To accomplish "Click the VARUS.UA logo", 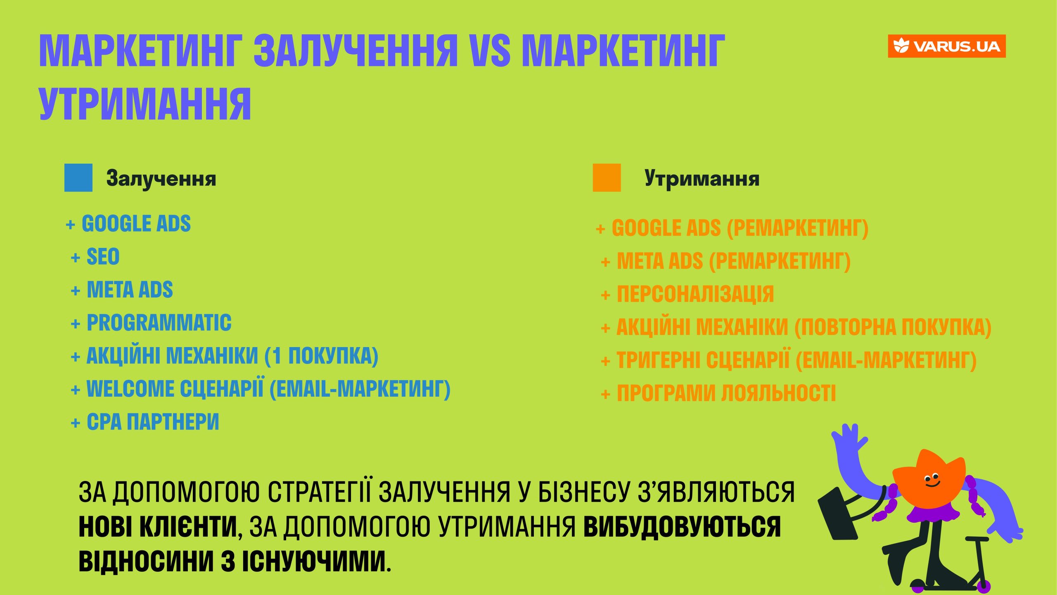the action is pos(946,46).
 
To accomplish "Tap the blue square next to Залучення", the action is pos(78,178).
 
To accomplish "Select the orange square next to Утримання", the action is pos(607,178).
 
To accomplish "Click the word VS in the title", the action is pos(491,50).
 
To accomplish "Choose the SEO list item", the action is pos(103,257).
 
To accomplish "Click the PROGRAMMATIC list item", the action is pos(159,323).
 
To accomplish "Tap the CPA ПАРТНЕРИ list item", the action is pos(153,422).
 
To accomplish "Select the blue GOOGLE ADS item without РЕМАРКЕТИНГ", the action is pos(136,224).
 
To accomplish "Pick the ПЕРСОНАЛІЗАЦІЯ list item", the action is pos(695,294).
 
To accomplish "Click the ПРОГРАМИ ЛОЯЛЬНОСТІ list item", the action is pos(726,393).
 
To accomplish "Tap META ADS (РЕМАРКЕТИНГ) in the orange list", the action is pos(734,261).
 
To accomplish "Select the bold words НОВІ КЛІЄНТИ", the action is pos(158,527).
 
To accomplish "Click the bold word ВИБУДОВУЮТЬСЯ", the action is pos(682,527).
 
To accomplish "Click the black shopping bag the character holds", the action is pos(838,514).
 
